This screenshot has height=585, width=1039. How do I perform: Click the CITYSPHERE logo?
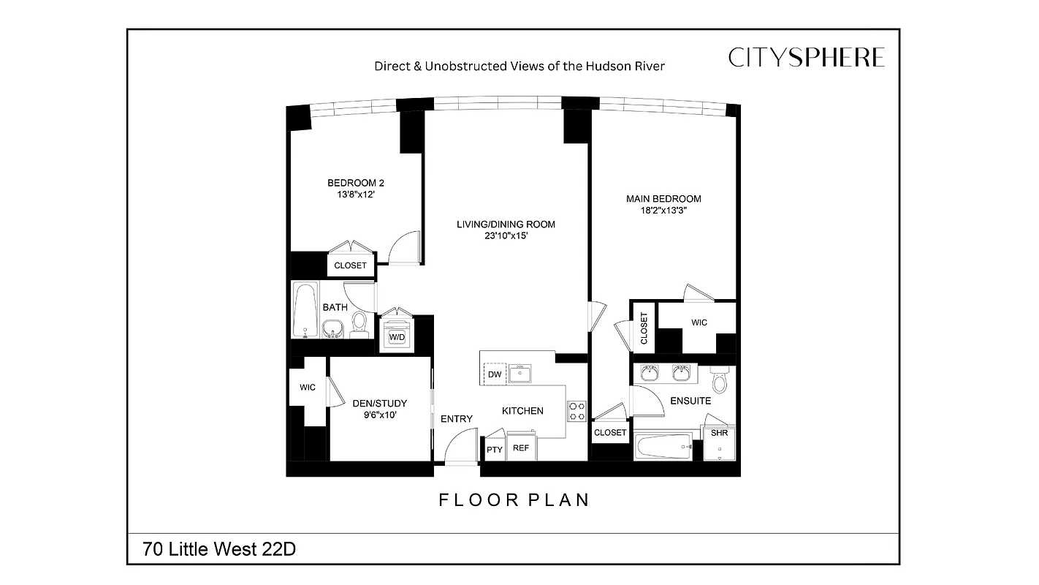tap(806, 58)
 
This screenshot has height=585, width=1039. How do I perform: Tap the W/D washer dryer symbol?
tap(397, 336)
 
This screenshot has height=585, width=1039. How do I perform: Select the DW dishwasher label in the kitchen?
tap(495, 374)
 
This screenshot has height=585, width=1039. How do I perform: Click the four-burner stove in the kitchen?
tap(577, 411)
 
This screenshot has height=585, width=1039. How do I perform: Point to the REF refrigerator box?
tap(521, 448)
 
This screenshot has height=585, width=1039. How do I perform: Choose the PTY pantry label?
tap(495, 450)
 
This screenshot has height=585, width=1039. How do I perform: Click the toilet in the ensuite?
tap(719, 380)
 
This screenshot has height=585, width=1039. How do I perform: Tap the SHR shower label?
tap(720, 433)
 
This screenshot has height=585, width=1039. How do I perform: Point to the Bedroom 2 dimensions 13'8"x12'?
tap(356, 195)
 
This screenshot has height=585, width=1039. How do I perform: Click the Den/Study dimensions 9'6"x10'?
tap(379, 415)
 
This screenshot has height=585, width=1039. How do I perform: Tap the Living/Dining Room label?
tap(506, 224)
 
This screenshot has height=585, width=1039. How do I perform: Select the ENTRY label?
tap(457, 419)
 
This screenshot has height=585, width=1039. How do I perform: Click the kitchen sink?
tap(520, 374)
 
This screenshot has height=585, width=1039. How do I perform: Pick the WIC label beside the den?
tap(308, 388)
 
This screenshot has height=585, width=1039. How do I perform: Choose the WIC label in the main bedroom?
tap(699, 322)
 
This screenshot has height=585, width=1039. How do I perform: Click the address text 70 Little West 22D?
tap(219, 549)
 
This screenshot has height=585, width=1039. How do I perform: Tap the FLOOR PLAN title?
tap(514, 500)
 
